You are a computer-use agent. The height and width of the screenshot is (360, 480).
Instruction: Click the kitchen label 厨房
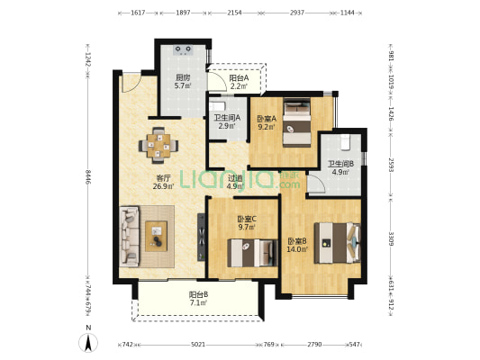(x=183, y=77)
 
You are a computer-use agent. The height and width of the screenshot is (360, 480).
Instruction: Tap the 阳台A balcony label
(x=239, y=78)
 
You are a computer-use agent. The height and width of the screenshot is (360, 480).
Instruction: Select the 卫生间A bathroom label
(x=227, y=118)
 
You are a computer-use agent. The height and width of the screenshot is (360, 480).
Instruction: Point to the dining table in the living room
(x=158, y=146)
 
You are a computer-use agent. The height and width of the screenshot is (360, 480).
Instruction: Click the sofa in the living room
(x=129, y=236)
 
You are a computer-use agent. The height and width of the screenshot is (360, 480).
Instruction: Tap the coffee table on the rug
(x=156, y=236)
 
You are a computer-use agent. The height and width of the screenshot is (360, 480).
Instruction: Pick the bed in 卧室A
(x=296, y=122)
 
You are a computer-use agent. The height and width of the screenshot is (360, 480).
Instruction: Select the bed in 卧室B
(x=338, y=243)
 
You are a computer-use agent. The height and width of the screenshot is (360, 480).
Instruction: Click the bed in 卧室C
(x=252, y=253)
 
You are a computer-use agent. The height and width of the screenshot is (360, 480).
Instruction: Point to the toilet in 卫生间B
(x=345, y=142)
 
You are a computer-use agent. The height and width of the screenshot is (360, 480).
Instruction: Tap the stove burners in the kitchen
(x=184, y=50)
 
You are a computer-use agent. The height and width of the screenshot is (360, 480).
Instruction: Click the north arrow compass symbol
(x=88, y=343)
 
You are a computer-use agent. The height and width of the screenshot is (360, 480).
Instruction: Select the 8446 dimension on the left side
(x=88, y=177)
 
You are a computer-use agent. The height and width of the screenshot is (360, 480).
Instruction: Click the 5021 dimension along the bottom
(x=198, y=345)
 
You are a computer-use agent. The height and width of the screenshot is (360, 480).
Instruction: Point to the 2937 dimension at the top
(x=297, y=13)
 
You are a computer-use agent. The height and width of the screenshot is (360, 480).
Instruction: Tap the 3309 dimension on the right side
(x=391, y=238)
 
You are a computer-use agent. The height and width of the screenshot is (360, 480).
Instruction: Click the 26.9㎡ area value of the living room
(x=164, y=186)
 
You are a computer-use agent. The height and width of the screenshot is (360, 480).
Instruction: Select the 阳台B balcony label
(x=199, y=294)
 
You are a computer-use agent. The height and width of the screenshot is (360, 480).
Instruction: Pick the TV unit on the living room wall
(x=201, y=238)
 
